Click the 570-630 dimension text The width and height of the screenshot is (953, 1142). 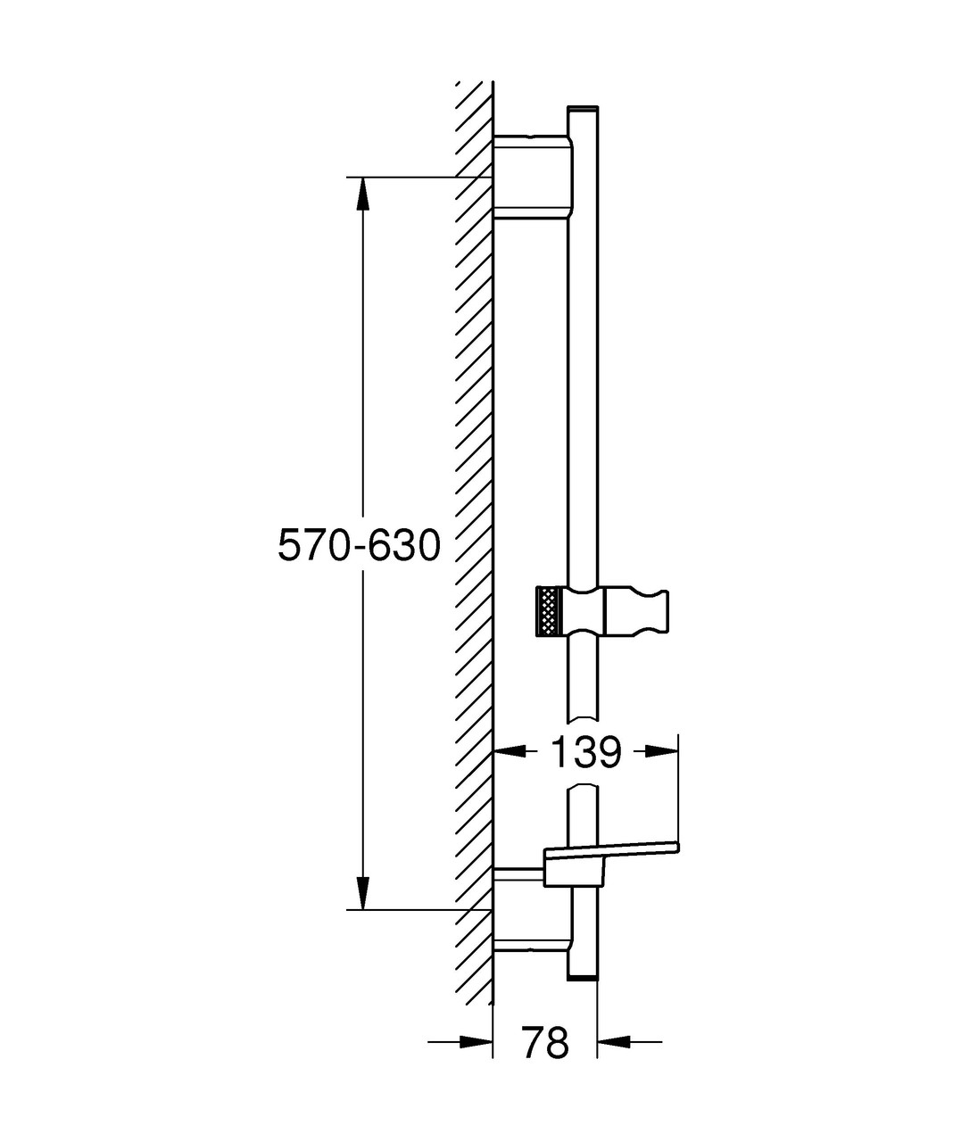click(x=359, y=545)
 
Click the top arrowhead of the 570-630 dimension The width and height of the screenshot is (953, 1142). click(x=362, y=193)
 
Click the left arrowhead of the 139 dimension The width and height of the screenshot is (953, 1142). click(x=510, y=751)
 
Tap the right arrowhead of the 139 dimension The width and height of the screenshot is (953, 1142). click(x=662, y=751)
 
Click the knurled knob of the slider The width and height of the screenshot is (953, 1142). click(x=546, y=611)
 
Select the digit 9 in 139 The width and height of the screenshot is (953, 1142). click(x=607, y=752)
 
